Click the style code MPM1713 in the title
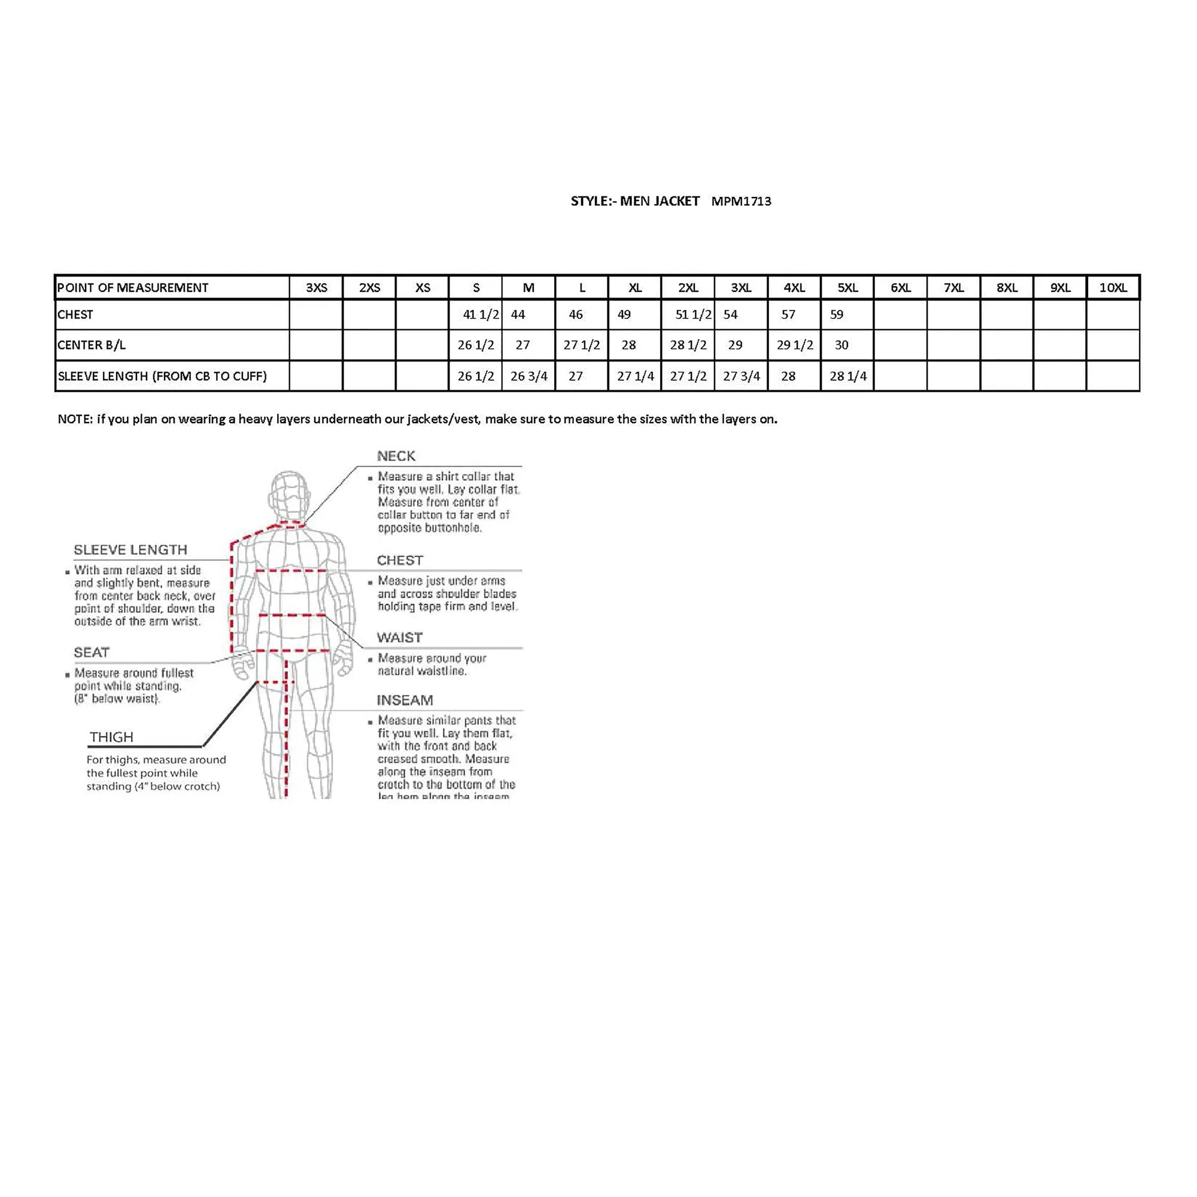click(x=741, y=201)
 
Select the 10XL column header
click(x=1113, y=287)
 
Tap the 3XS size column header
click(x=316, y=287)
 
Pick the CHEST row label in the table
click(x=75, y=315)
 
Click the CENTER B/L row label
click(x=92, y=345)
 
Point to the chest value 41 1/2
click(x=481, y=315)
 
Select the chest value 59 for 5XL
click(x=837, y=315)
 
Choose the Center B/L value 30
click(x=841, y=345)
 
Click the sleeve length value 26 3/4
click(x=528, y=376)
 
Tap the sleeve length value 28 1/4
click(x=847, y=376)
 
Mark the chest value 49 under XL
click(x=624, y=315)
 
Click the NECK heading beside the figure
click(x=396, y=457)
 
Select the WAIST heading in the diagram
click(x=400, y=637)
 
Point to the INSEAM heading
click(x=405, y=700)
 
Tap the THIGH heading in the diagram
click(x=111, y=737)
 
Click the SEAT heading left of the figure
click(x=92, y=652)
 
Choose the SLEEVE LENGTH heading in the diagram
click(x=130, y=550)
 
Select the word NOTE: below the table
click(x=75, y=420)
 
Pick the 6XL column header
click(x=900, y=287)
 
